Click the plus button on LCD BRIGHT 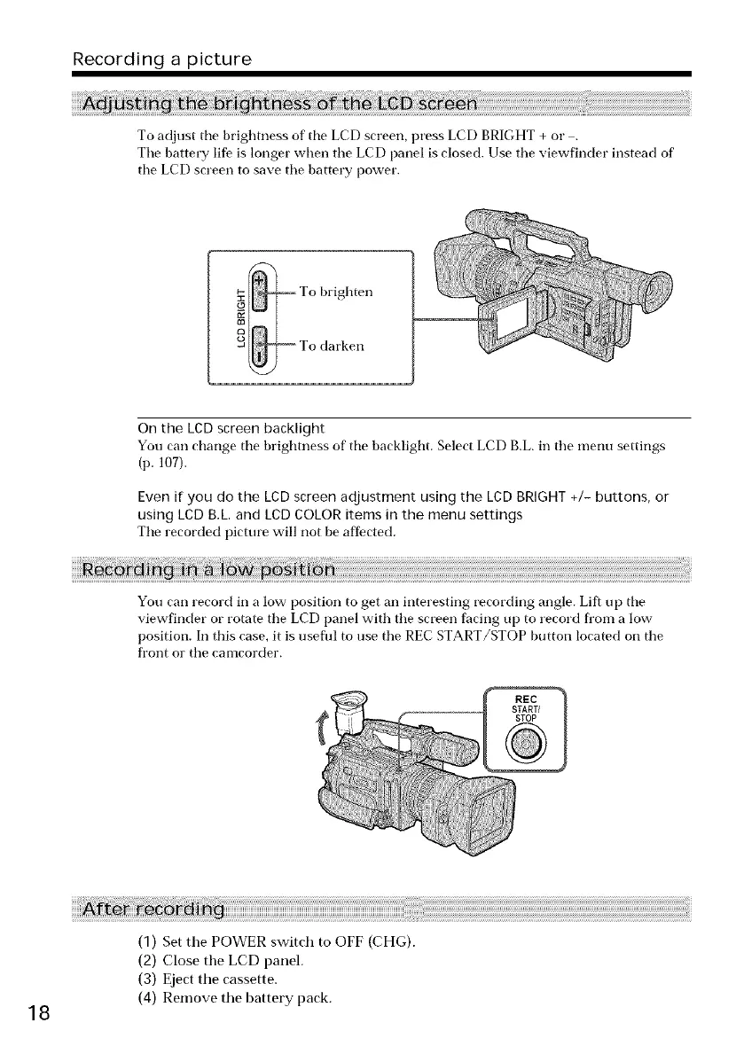click(x=259, y=290)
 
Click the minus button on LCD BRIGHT click(x=259, y=347)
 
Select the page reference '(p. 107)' click(x=159, y=460)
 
